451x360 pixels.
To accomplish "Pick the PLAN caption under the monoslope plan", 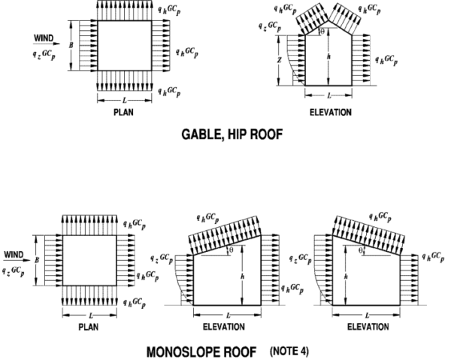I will (89, 327).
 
